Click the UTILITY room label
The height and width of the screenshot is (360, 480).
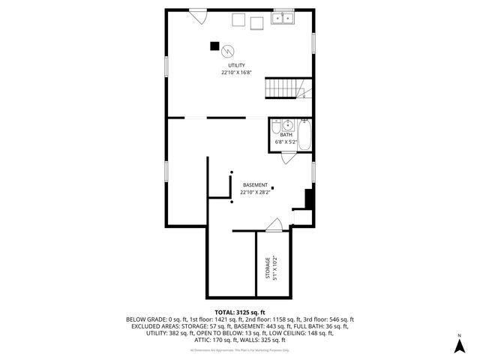tap(236, 65)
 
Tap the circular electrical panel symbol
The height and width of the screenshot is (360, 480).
tap(227, 50)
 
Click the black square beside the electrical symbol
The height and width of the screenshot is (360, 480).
tap(214, 46)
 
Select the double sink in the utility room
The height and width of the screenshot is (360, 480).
tap(283, 17)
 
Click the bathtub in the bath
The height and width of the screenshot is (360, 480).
tap(304, 135)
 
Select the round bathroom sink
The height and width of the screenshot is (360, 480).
tap(276, 126)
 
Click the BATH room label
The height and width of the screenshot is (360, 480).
tap(286, 134)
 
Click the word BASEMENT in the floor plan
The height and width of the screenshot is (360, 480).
tap(255, 184)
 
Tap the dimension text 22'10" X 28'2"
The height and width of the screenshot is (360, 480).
tap(255, 192)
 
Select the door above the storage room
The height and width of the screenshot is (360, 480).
tap(274, 225)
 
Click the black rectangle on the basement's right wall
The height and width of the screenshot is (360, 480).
tap(308, 199)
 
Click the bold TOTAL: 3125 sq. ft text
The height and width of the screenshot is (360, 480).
tap(240, 312)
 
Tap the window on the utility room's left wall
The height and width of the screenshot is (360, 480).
tap(166, 67)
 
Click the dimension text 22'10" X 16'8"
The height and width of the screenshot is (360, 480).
tap(236, 73)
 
